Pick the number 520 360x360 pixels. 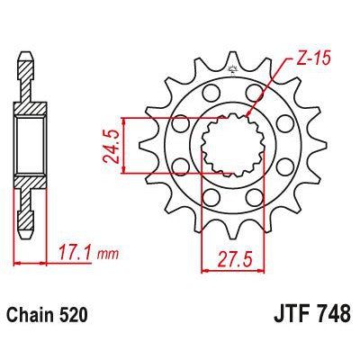pos(82,317)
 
